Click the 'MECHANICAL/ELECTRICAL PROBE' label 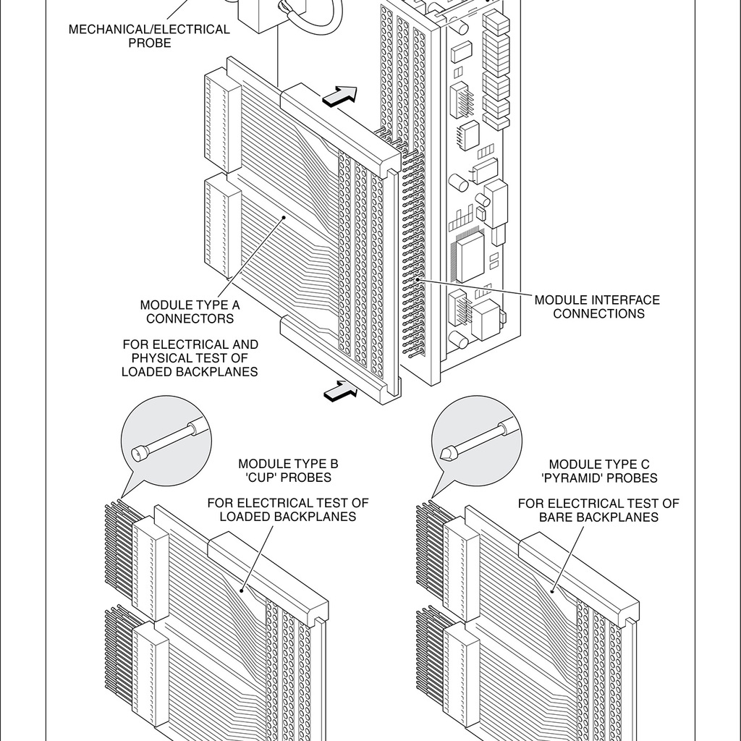click(x=149, y=36)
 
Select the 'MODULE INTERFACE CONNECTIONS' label click(x=597, y=307)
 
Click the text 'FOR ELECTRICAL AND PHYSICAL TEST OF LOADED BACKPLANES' click(x=190, y=358)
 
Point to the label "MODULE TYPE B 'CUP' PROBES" click(x=288, y=470)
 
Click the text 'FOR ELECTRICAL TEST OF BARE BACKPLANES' click(x=598, y=510)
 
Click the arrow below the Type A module click(x=341, y=391)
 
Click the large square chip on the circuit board click(x=469, y=255)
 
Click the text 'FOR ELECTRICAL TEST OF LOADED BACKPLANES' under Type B click(x=288, y=509)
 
